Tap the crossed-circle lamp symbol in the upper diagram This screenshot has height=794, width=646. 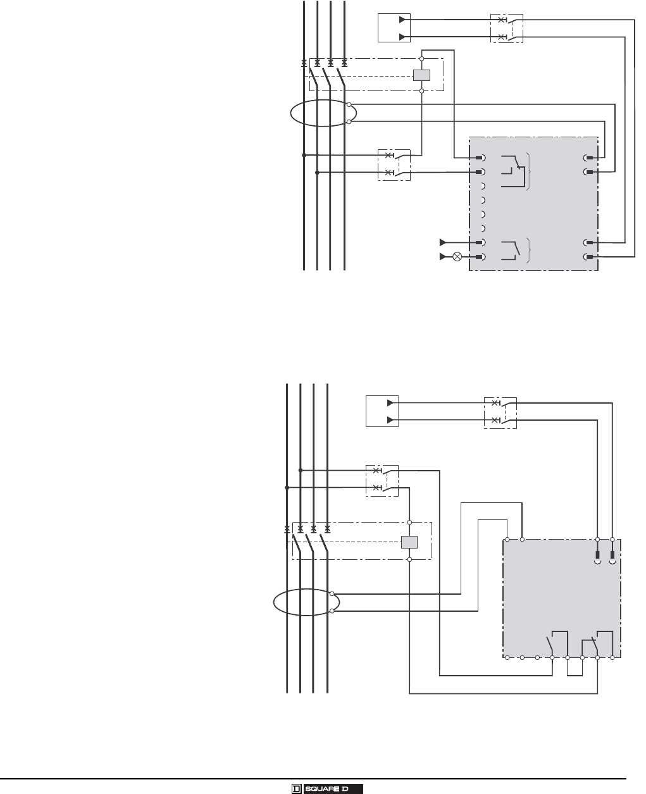(x=457, y=257)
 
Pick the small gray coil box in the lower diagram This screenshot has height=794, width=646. (x=409, y=542)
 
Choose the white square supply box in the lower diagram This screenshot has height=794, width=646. (x=382, y=411)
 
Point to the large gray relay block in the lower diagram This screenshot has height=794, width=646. (x=562, y=598)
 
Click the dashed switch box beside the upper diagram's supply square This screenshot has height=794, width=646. (x=507, y=28)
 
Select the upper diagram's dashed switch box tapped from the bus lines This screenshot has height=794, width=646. (x=394, y=164)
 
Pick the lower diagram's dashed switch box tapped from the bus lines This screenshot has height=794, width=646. (x=382, y=479)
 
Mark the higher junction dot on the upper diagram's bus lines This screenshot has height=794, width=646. (x=304, y=155)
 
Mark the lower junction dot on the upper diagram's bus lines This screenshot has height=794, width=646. (x=318, y=172)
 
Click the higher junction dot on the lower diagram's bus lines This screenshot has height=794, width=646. (x=301, y=471)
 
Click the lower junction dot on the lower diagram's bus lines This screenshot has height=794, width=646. (x=287, y=488)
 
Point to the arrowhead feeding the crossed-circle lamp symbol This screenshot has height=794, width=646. (x=443, y=257)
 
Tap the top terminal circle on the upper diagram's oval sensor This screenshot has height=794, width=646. (x=349, y=104)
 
